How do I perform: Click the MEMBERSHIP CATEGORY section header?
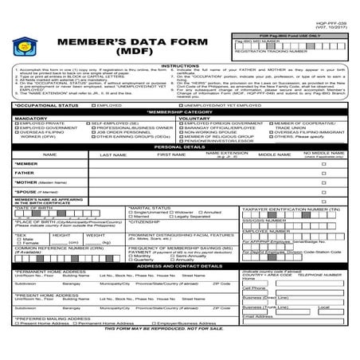click(x=180, y=112)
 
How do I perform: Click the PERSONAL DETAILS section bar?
click(x=180, y=147)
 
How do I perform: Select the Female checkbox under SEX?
click(x=18, y=243)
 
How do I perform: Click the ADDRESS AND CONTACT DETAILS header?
click(x=180, y=265)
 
